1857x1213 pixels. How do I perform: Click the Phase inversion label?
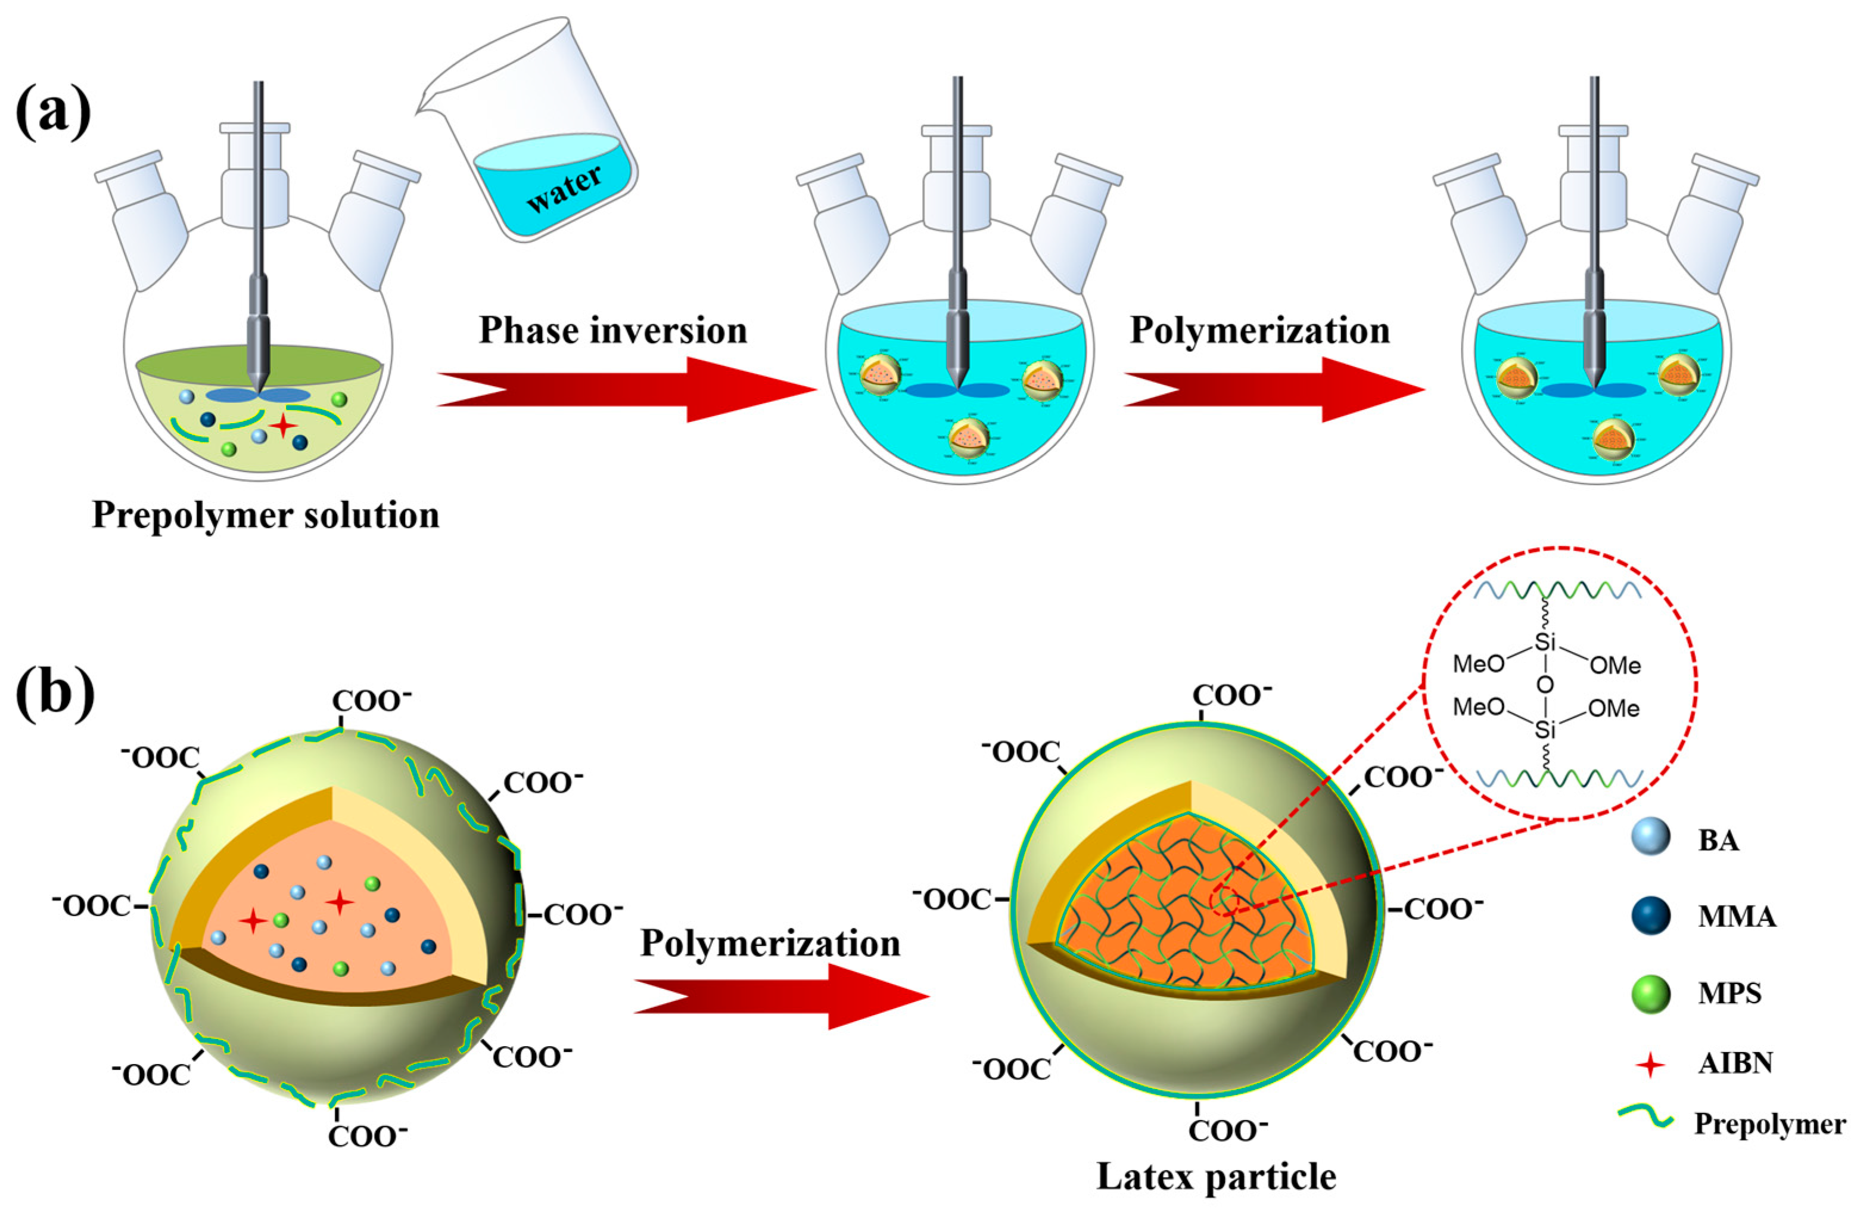click(612, 330)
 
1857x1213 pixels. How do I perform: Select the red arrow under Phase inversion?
click(624, 389)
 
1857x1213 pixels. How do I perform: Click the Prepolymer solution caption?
click(265, 515)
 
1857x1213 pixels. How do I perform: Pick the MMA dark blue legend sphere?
click(1650, 915)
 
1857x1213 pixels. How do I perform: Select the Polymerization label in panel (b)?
click(770, 943)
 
